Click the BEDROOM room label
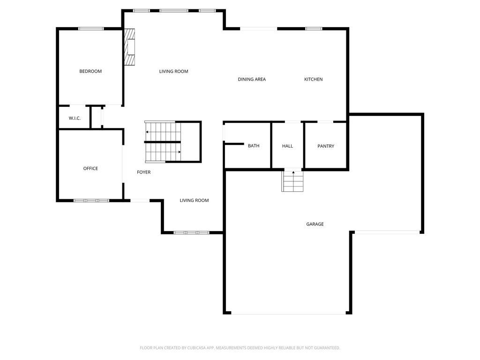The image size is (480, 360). tap(90, 71)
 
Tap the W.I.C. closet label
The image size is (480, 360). tap(75, 118)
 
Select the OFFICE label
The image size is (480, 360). tap(90, 168)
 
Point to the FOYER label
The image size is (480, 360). tap(143, 172)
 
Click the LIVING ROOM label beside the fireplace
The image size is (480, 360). tap(173, 71)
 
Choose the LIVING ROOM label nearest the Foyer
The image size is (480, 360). tap(194, 201)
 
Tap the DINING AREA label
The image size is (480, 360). tap(252, 79)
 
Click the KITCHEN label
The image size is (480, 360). tap(313, 79)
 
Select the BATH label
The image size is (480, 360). tap(254, 146)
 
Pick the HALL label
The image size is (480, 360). tap(287, 146)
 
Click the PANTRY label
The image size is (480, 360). tap(326, 146)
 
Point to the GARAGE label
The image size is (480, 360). tap(315, 224)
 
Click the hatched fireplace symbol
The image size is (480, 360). tap(129, 48)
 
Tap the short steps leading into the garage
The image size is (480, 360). tap(293, 181)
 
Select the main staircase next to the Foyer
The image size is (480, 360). tap(163, 142)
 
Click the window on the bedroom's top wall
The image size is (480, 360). tap(91, 29)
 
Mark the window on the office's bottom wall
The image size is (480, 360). tap(91, 201)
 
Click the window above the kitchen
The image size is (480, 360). tap(314, 29)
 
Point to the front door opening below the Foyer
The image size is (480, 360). tap(140, 201)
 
